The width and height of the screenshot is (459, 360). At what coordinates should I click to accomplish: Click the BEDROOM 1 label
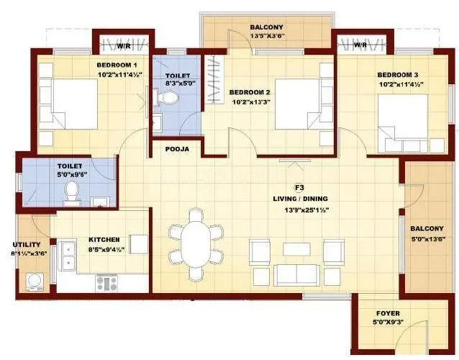pyautogui.click(x=117, y=63)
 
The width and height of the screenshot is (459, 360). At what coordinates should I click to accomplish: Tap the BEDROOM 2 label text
pyautogui.click(x=250, y=92)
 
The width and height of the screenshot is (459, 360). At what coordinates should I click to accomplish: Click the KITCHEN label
pyautogui.click(x=104, y=239)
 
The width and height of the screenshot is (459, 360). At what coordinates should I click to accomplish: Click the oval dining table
pyautogui.click(x=196, y=239)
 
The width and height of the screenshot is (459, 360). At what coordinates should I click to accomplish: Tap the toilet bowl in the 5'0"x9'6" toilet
pyautogui.click(x=71, y=191)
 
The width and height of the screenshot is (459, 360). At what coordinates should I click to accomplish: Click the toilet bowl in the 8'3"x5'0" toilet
pyautogui.click(x=166, y=102)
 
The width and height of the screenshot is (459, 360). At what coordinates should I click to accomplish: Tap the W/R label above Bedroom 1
pyautogui.click(x=124, y=47)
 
